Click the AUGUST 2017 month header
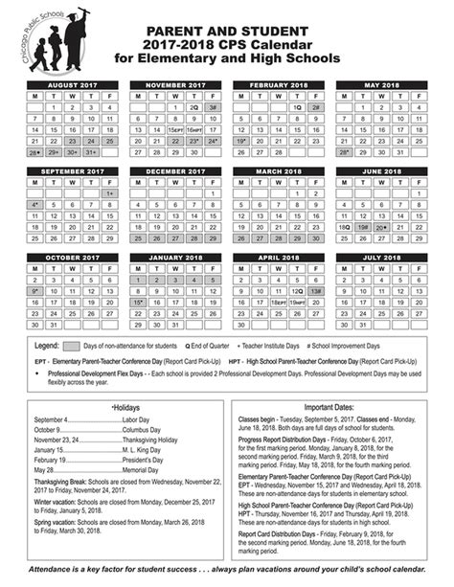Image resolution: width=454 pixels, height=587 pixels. (x=74, y=85)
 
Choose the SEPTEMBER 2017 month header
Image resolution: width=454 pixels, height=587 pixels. (x=74, y=171)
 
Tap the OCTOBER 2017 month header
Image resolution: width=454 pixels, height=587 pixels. (x=74, y=257)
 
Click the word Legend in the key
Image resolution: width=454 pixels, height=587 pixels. (x=47, y=345)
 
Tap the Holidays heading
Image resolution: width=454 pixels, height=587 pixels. (x=126, y=408)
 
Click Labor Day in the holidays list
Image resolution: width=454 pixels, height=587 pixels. (x=135, y=420)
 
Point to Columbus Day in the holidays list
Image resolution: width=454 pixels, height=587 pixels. (x=142, y=430)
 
